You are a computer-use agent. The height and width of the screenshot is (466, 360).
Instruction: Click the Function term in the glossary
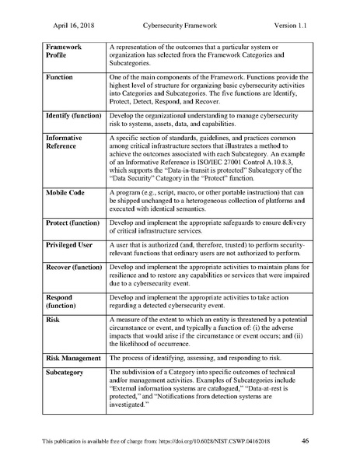click(x=60, y=79)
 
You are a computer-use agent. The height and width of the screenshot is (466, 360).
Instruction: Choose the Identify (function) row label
click(x=74, y=115)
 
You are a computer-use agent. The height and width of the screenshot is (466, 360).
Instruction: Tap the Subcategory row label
click(x=68, y=374)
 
